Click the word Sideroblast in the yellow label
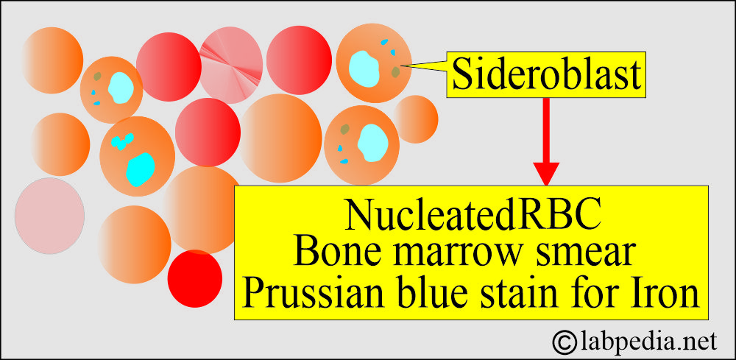[x=547, y=75]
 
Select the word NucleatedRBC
[x=473, y=216]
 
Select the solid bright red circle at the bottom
[x=195, y=279]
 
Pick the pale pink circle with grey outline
[x=50, y=216]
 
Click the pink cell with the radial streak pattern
[x=231, y=66]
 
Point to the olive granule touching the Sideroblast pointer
[x=396, y=71]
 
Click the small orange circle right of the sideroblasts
[x=415, y=119]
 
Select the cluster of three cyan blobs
[x=121, y=141]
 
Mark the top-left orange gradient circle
[x=52, y=60]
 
